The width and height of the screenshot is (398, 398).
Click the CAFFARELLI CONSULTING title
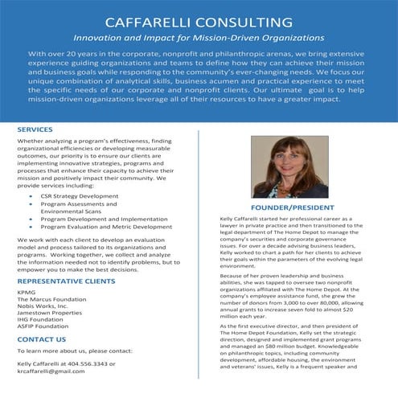(199, 18)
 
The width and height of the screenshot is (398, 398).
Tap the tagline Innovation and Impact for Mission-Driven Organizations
(199, 37)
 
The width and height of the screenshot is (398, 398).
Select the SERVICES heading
(35, 129)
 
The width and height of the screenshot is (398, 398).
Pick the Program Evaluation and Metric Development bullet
(106, 227)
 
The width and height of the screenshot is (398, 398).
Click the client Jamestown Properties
(51, 314)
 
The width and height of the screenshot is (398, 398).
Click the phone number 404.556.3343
(90, 363)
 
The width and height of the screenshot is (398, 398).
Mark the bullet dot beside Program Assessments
(31, 203)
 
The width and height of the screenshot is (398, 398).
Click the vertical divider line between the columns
(200, 257)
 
